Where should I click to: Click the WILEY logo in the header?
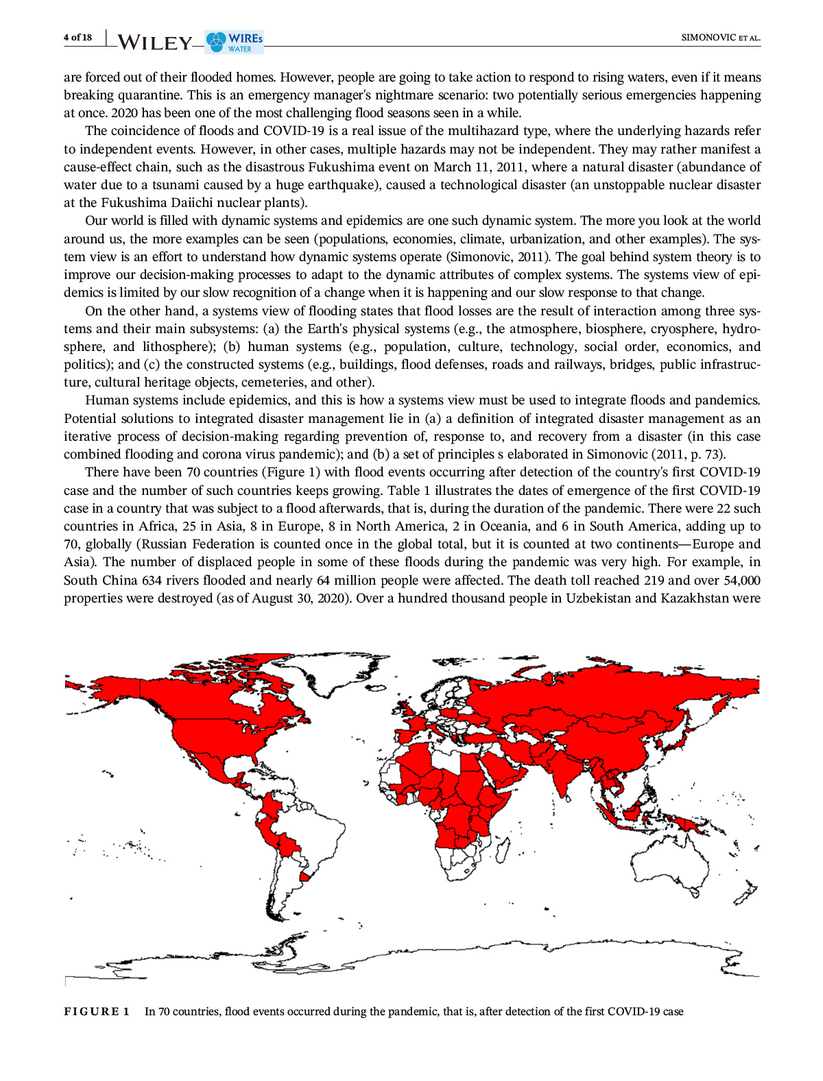coord(155,42)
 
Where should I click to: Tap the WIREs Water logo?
coord(235,41)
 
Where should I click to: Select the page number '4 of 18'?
coord(77,37)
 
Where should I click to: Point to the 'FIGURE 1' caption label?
coord(97,1012)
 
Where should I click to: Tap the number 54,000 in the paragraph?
coord(737,580)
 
